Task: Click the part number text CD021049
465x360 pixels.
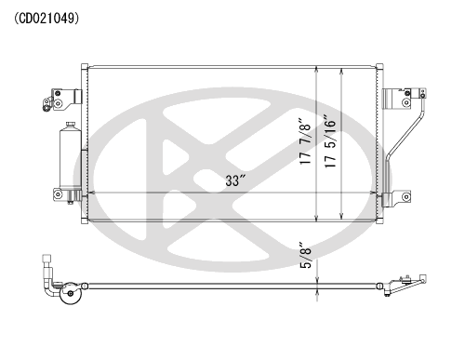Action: (46, 19)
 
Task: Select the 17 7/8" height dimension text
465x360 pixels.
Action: (305, 141)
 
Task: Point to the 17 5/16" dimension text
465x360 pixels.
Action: (330, 141)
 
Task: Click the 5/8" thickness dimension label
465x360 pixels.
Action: (306, 255)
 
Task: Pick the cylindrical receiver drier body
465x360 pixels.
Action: (71, 157)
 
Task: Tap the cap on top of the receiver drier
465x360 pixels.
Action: (71, 124)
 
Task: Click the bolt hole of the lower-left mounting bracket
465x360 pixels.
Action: (58, 194)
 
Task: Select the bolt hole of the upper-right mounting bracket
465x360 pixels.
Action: (405, 102)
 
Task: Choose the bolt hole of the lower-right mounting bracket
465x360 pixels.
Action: (405, 196)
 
